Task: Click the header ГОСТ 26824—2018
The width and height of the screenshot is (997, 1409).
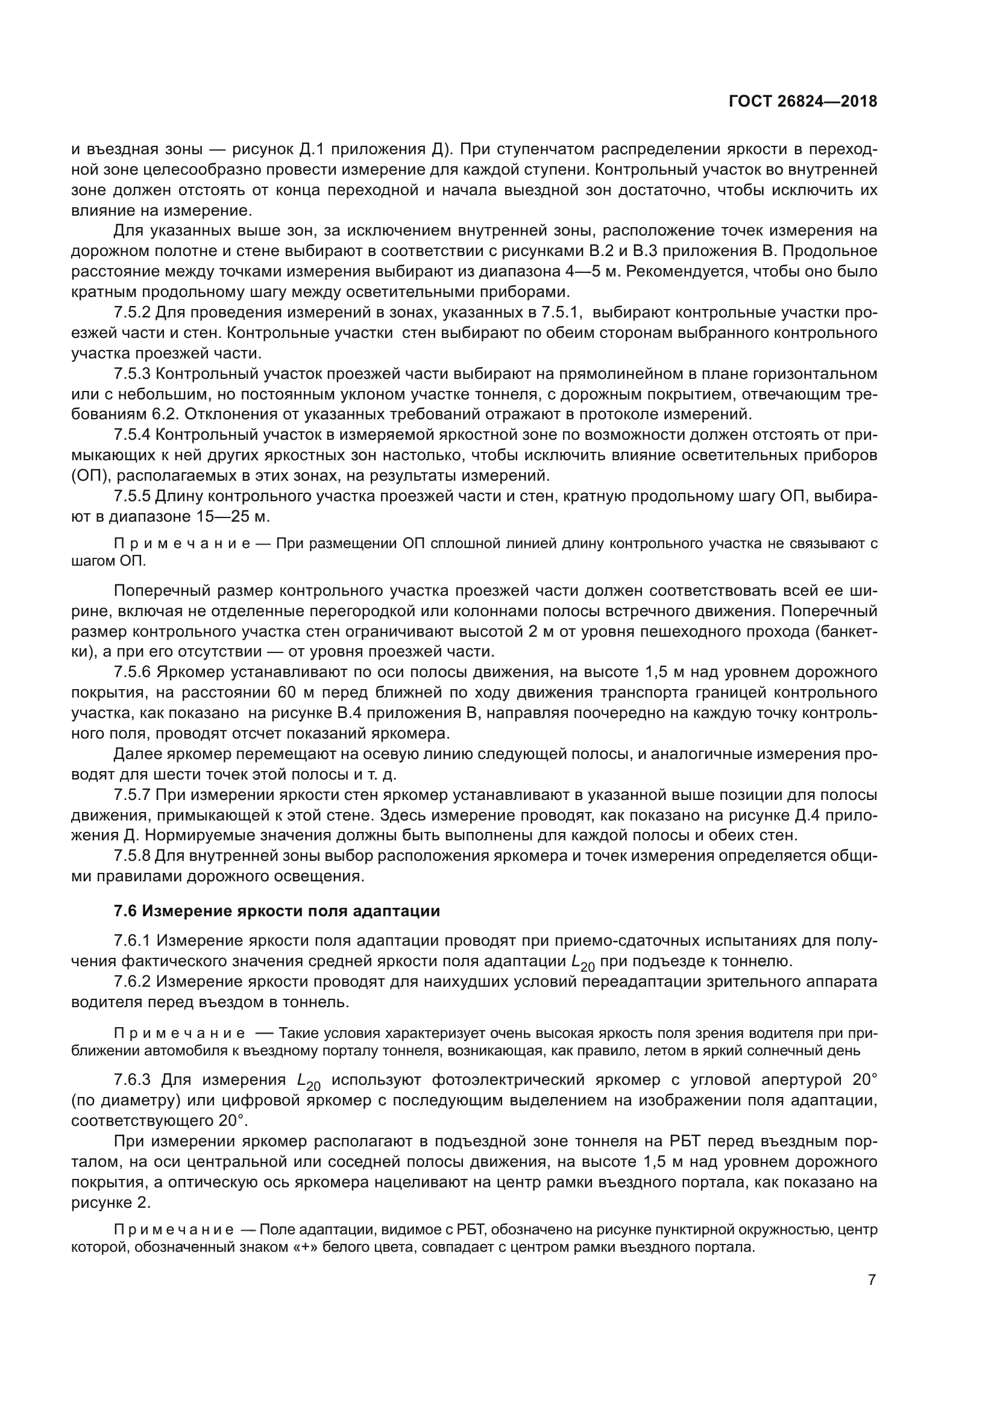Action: click(x=802, y=101)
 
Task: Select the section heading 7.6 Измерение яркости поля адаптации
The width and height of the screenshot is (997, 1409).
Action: click(x=277, y=911)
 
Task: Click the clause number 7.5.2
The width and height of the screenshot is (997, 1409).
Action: click(x=132, y=313)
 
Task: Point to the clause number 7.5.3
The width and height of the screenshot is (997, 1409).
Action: click(x=132, y=373)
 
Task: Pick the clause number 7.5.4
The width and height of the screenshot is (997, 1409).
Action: click(x=132, y=434)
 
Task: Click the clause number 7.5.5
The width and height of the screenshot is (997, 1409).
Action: click(x=132, y=496)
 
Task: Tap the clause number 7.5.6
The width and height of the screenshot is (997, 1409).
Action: click(x=132, y=673)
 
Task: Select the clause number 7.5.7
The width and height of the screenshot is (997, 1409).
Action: click(x=132, y=795)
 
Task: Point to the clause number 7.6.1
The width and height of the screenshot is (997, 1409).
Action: click(x=132, y=941)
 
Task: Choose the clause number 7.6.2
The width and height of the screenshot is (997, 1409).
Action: click(x=132, y=981)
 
